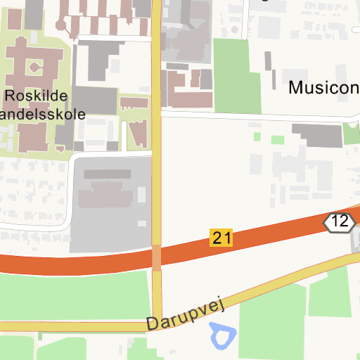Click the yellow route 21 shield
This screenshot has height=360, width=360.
221,238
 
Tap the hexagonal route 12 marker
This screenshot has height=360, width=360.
340,222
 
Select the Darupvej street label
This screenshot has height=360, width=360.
185,314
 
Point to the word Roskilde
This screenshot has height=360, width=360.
34,96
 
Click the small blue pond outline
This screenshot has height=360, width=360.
222,335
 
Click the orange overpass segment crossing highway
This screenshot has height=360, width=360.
156,257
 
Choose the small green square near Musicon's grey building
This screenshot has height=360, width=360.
278,139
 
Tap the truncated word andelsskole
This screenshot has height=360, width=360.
44,114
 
